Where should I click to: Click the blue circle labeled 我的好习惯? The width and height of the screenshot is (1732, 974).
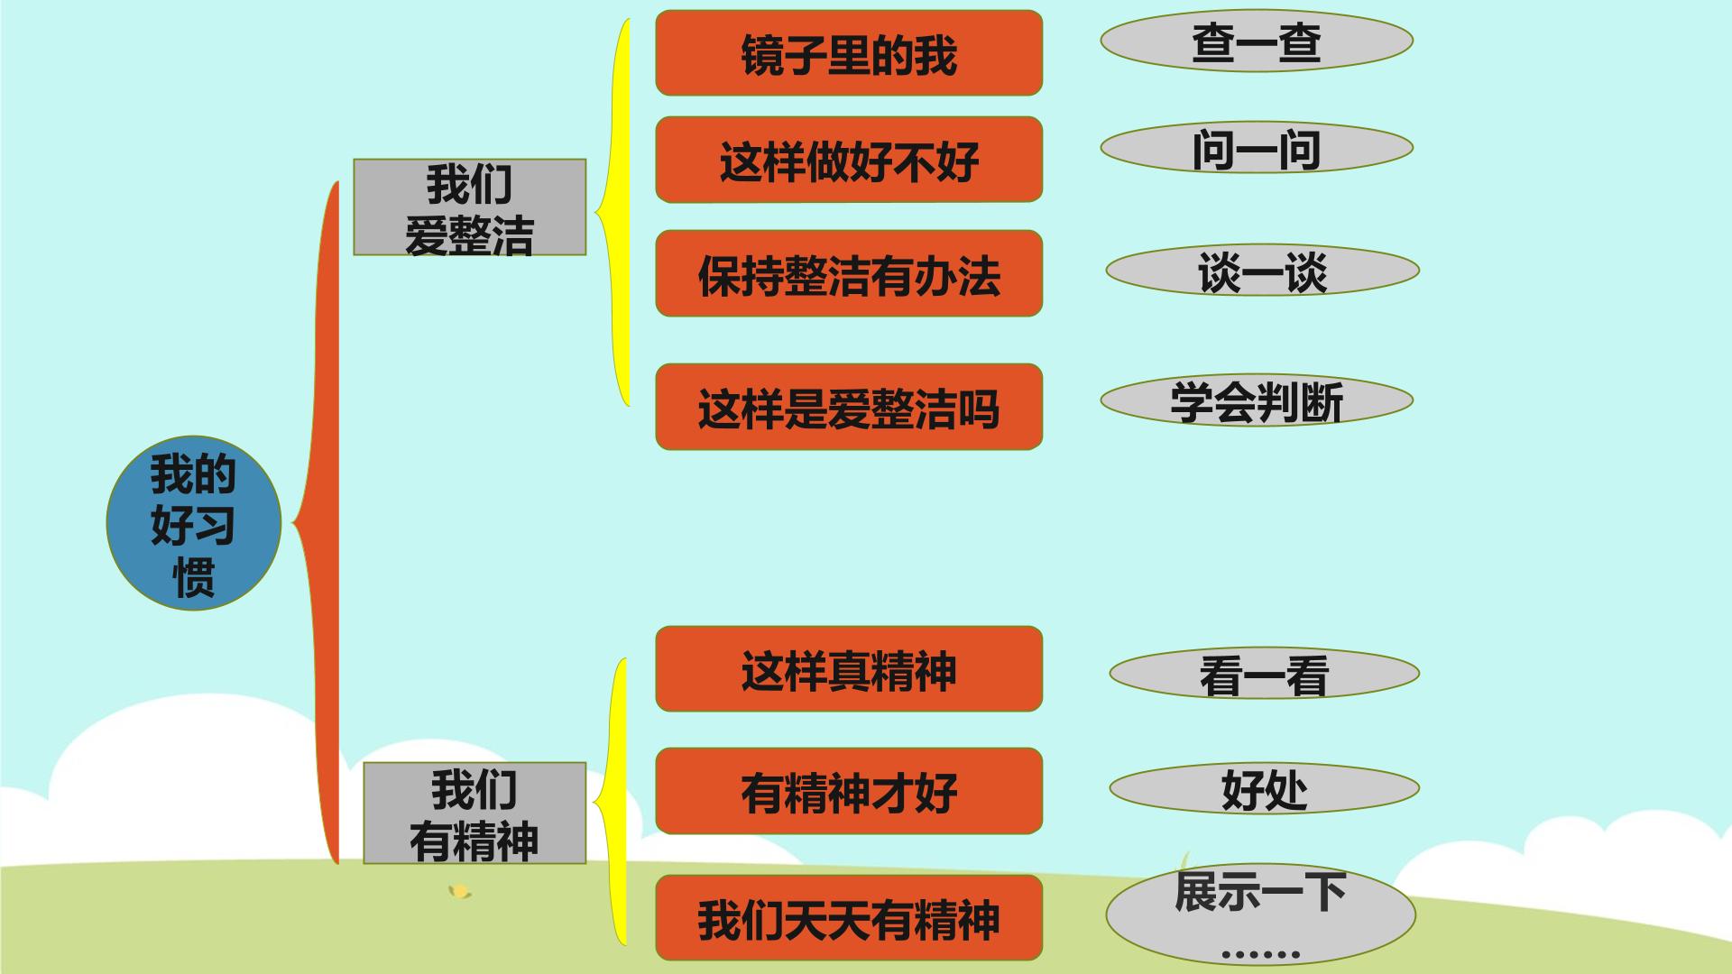click(x=194, y=523)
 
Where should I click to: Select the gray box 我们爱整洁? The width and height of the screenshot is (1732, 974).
click(x=469, y=207)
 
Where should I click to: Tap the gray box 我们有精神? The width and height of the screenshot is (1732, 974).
click(x=474, y=813)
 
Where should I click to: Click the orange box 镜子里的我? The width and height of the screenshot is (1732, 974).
click(x=849, y=53)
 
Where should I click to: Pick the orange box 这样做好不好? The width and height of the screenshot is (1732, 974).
click(x=849, y=160)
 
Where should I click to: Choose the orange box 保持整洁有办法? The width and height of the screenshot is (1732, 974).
click(x=849, y=273)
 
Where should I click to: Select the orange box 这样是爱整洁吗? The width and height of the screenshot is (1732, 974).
click(x=849, y=407)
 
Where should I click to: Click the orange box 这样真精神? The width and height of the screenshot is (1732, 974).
click(x=849, y=669)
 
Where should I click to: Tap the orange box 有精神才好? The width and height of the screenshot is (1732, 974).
click(x=849, y=791)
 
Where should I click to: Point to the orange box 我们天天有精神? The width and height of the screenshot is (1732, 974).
click(x=849, y=918)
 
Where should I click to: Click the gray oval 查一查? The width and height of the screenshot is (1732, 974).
click(x=1257, y=41)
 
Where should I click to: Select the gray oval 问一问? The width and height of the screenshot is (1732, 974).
click(x=1257, y=148)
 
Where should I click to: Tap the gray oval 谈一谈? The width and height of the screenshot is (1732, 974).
click(x=1263, y=270)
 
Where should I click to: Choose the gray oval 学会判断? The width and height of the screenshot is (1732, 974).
click(x=1257, y=400)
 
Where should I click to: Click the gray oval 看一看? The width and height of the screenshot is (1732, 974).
click(x=1264, y=673)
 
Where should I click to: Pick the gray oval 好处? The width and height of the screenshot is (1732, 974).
click(x=1264, y=788)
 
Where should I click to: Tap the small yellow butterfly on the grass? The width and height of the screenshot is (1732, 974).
click(x=460, y=892)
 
